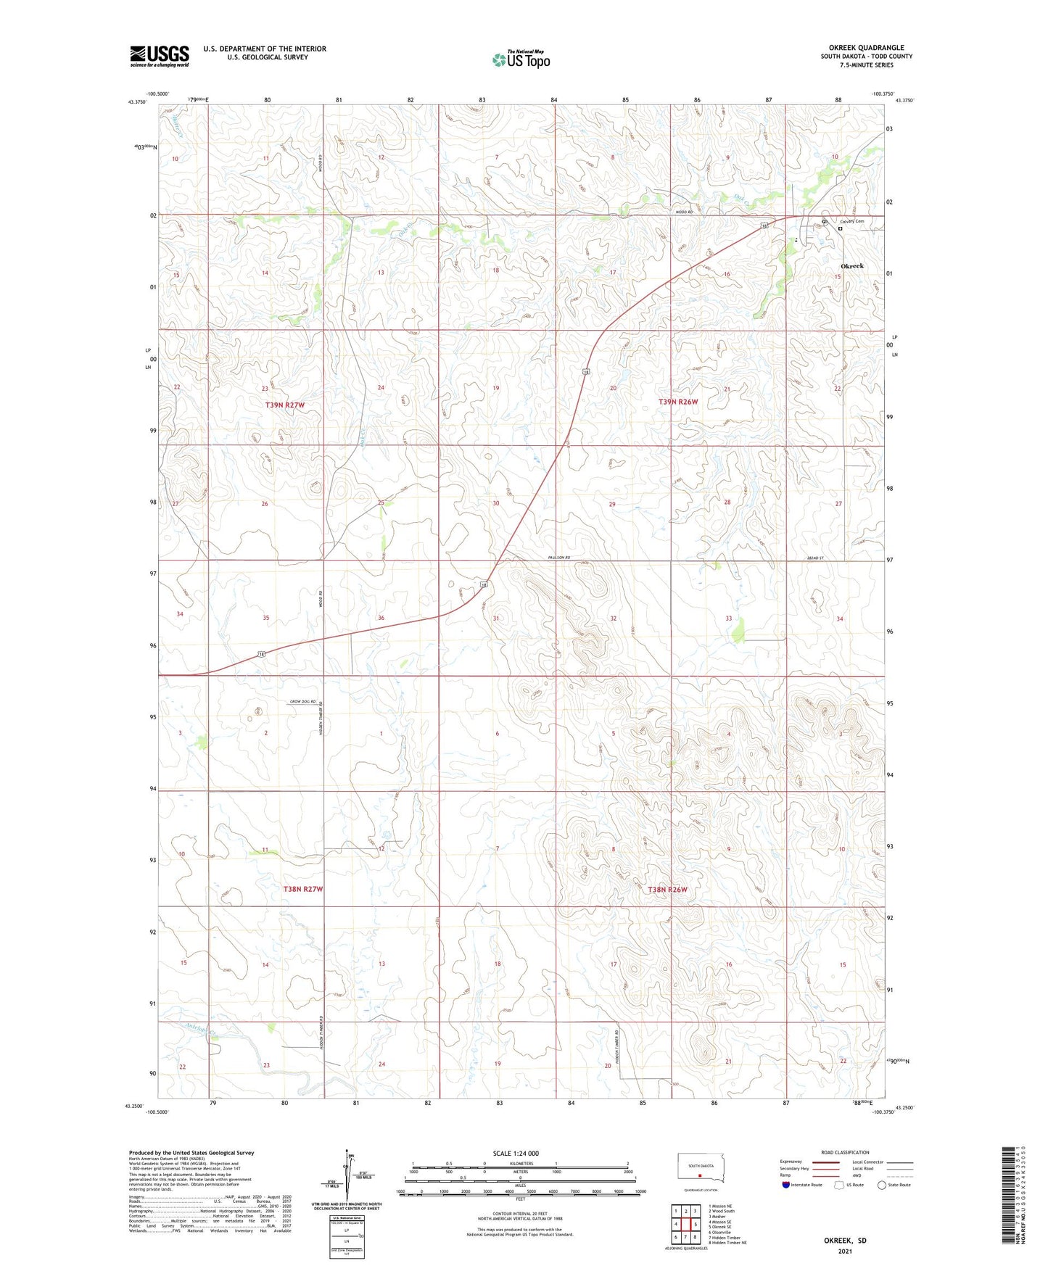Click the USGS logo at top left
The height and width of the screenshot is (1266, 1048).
[x=159, y=56]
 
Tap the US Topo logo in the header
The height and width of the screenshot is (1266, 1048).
[x=520, y=59]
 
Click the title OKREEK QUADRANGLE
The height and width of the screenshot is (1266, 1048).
[x=866, y=48]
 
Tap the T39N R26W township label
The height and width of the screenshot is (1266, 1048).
[x=678, y=402]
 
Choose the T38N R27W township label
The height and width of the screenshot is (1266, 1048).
[x=302, y=888]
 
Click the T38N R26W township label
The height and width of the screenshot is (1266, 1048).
[x=667, y=890]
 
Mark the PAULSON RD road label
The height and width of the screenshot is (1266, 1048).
[x=559, y=558]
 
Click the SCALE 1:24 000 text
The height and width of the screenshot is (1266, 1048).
[x=516, y=1154]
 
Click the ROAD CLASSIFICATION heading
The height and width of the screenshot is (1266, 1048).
[x=845, y=1152]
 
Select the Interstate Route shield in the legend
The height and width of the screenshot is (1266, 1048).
[x=786, y=1185]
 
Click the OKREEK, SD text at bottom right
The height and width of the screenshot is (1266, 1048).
[x=845, y=1241]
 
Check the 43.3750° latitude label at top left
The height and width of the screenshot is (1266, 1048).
[x=137, y=102]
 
